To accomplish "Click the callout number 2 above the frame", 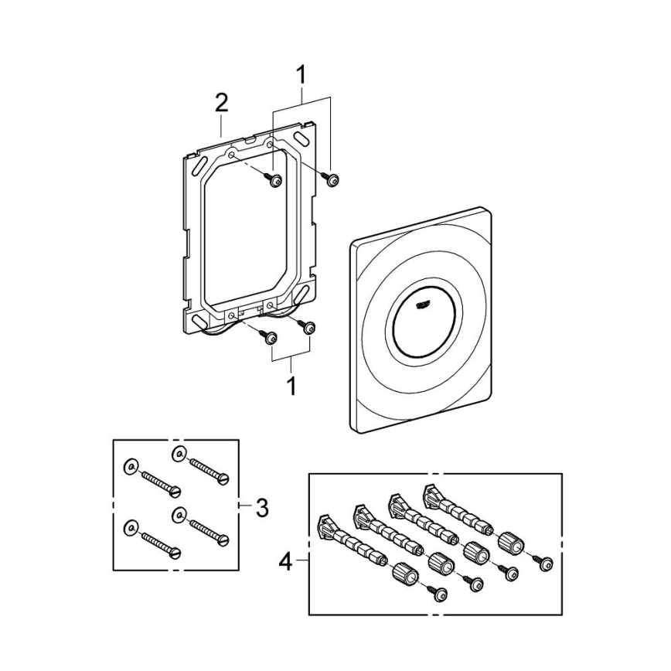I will [x=221, y=103].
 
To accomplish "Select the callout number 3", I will [x=262, y=508].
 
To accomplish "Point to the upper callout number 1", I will [x=301, y=75].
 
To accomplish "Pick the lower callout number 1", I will [x=291, y=385].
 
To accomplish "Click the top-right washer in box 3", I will [x=178, y=453].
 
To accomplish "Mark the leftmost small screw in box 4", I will [x=441, y=593].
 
